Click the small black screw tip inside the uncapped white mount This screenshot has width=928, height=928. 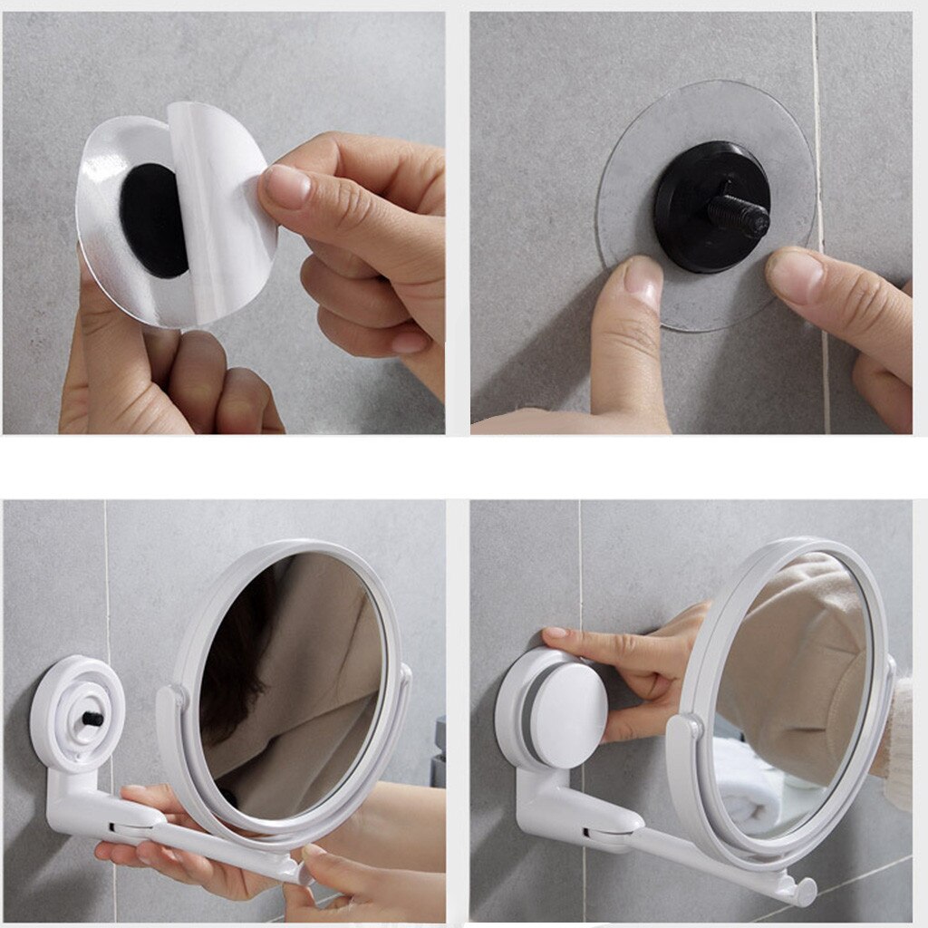[x=92, y=718]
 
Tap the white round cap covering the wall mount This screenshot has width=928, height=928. [x=566, y=702]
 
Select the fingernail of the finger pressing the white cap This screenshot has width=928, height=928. [x=555, y=633]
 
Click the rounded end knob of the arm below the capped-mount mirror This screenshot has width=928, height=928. [x=802, y=892]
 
